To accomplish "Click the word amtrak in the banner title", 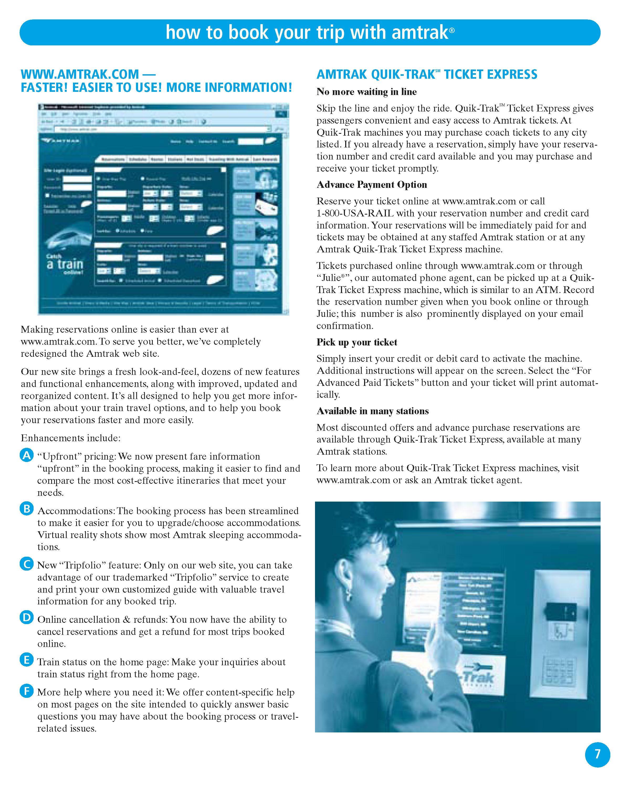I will click(420, 33).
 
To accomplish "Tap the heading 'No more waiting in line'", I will click(366, 92).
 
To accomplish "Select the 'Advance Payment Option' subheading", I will click(371, 185).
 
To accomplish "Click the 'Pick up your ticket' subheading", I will click(356, 342).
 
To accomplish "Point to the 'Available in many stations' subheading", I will click(372, 411).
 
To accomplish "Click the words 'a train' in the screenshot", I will click(65, 264).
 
